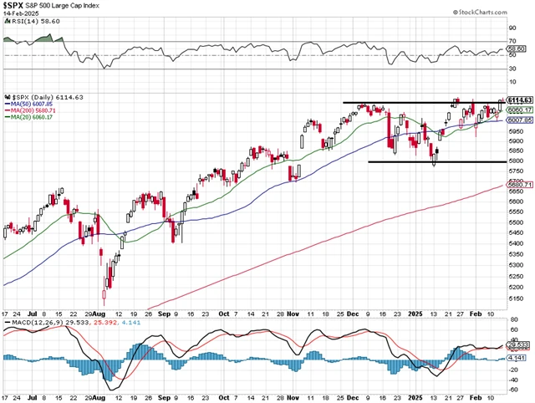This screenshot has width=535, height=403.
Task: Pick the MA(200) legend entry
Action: point(33,110)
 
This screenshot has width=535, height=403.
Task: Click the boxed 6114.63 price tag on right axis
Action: point(520,100)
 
